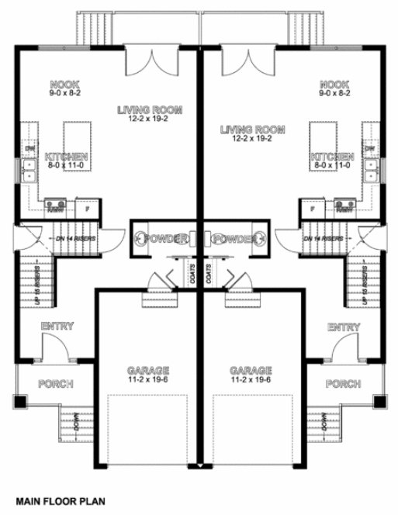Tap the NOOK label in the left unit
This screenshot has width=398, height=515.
pos(64,83)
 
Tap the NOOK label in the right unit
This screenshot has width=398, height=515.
pos(334,83)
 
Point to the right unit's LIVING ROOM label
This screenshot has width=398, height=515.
pos(252,130)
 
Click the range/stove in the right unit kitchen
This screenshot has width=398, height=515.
pos(343,206)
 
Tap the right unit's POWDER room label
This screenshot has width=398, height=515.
pos(234,238)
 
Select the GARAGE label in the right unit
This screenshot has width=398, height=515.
pos(252,369)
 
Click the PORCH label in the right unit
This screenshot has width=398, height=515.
pos(342,384)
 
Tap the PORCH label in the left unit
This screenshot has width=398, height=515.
pos(55,384)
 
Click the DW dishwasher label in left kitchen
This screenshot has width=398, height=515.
pos(30,148)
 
